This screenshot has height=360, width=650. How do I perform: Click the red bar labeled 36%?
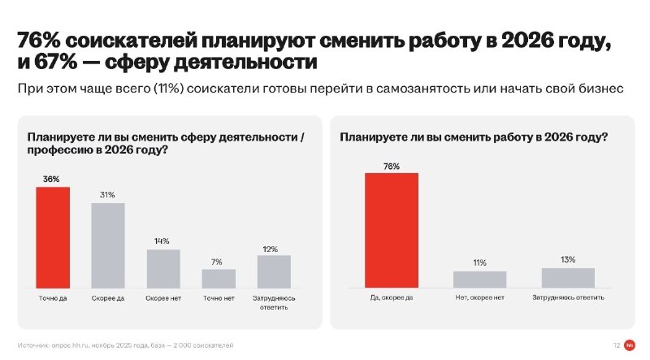click(53, 237)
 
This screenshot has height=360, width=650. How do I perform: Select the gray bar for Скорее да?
click(108, 245)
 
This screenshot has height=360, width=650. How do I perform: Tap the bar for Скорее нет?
click(163, 269)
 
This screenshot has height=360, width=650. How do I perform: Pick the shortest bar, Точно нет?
click(219, 279)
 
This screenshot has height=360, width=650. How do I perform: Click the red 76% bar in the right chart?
click(392, 230)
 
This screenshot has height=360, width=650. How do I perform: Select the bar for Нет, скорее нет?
click(479, 280)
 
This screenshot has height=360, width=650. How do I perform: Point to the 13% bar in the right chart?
click(568, 278)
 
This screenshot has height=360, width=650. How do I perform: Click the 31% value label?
click(107, 195)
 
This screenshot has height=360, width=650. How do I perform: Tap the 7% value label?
click(216, 262)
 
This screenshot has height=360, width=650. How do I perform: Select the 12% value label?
click(271, 249)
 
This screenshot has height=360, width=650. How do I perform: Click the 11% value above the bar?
click(479, 263)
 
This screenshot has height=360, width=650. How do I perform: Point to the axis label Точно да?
click(53, 298)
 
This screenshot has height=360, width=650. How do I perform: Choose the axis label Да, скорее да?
click(392, 297)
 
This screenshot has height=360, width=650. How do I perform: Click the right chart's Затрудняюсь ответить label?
click(568, 297)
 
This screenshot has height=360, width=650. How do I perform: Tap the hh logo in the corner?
click(629, 345)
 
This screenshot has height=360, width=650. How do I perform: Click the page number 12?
click(617, 345)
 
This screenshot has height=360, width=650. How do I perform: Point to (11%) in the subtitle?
click(168, 89)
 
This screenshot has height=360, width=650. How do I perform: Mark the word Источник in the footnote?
click(32, 345)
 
